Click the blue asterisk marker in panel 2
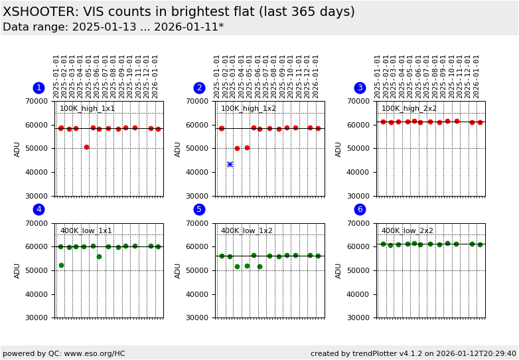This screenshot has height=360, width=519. (230, 164)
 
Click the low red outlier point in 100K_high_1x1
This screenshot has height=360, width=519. (86, 147)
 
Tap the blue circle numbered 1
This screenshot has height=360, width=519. (39, 88)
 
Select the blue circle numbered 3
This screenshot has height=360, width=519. (360, 88)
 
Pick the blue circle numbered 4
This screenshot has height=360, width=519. (39, 209)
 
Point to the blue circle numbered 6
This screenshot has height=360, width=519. (360, 209)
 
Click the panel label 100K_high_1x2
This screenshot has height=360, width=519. (248, 109)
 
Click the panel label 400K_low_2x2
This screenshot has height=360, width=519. (407, 231)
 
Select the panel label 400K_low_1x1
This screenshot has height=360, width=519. (86, 231)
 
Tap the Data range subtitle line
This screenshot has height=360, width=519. (113, 27)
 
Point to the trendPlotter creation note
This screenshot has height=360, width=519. (413, 354)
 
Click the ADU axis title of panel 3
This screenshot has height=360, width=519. (339, 149)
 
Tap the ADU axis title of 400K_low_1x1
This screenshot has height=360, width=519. (18, 270)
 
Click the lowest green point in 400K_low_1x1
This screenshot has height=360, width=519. (61, 265)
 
